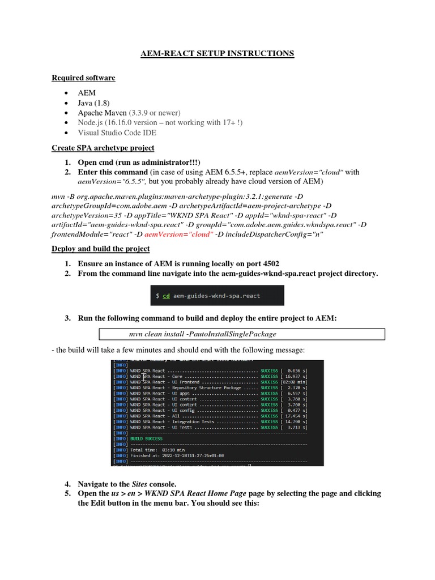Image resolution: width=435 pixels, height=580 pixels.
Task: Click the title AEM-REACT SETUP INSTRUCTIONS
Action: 217,53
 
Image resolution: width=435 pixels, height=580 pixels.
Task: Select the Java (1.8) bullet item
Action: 93,103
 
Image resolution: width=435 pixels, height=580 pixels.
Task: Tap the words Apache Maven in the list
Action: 102,113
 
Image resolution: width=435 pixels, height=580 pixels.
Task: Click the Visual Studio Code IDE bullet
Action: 117,133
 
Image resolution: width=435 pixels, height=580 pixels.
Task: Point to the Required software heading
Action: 83,78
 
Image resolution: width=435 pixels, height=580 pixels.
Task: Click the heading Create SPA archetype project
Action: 103,148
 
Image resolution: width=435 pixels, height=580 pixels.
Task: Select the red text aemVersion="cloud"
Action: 178,234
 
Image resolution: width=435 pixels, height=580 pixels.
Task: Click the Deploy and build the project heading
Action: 101,249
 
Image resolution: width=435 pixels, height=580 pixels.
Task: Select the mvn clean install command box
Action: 242,334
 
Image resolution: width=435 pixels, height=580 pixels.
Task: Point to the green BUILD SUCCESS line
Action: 146,438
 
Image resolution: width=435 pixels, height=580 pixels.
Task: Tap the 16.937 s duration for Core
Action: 295,376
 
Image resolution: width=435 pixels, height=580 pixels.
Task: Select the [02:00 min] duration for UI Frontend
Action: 294,382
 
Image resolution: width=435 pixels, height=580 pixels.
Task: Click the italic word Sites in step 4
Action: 139,484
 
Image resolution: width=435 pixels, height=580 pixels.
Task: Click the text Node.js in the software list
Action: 90,122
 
